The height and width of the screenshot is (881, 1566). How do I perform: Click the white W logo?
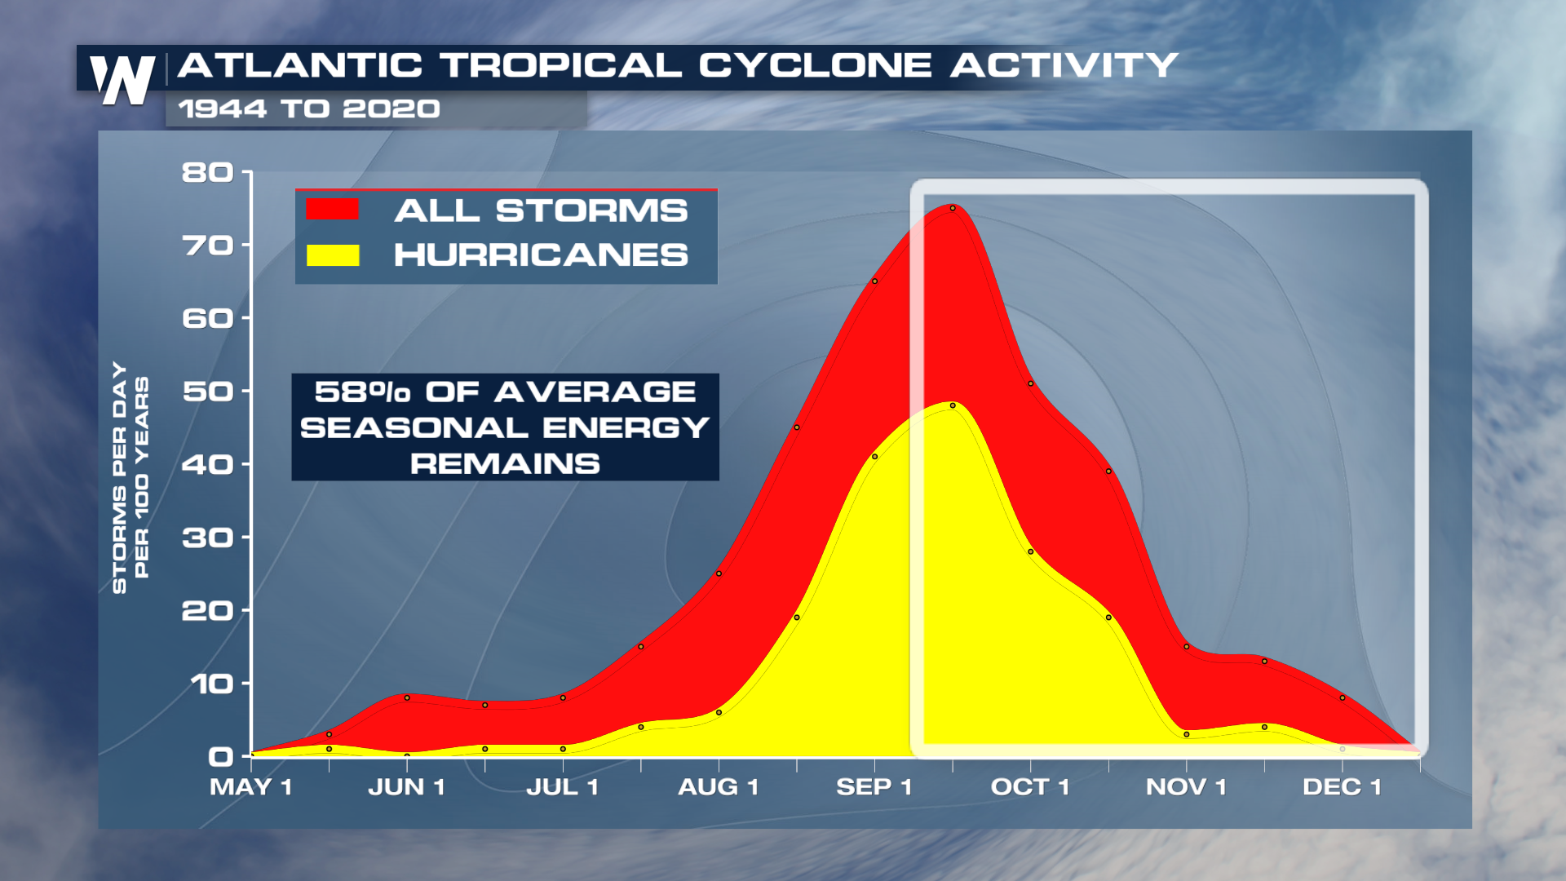point(122,80)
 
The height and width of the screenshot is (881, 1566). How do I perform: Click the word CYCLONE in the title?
point(815,65)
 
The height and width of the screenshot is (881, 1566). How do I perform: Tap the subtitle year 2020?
point(391,108)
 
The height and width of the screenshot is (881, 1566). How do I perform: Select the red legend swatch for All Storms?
point(333,210)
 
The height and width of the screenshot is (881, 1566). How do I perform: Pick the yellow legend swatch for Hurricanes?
point(333,255)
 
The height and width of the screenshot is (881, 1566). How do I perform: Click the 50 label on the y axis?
point(207,392)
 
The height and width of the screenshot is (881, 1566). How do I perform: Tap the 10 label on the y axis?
point(211,684)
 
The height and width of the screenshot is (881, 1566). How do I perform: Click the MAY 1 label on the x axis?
point(251,787)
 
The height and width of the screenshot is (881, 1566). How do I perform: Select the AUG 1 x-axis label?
point(719,787)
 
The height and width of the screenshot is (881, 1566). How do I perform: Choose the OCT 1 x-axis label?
point(1030,787)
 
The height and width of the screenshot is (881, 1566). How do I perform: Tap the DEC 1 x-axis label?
point(1343,787)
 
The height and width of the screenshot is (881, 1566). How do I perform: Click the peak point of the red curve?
point(953,208)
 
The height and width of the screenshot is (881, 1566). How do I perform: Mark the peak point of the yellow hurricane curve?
point(953,405)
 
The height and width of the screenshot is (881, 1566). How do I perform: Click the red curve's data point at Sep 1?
point(875,281)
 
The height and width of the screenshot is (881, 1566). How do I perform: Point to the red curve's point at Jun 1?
point(407,697)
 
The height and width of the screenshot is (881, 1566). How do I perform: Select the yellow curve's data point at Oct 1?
point(1031,551)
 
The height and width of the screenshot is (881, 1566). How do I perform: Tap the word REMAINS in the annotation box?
point(505,464)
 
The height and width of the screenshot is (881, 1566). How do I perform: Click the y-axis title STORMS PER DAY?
point(120,477)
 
